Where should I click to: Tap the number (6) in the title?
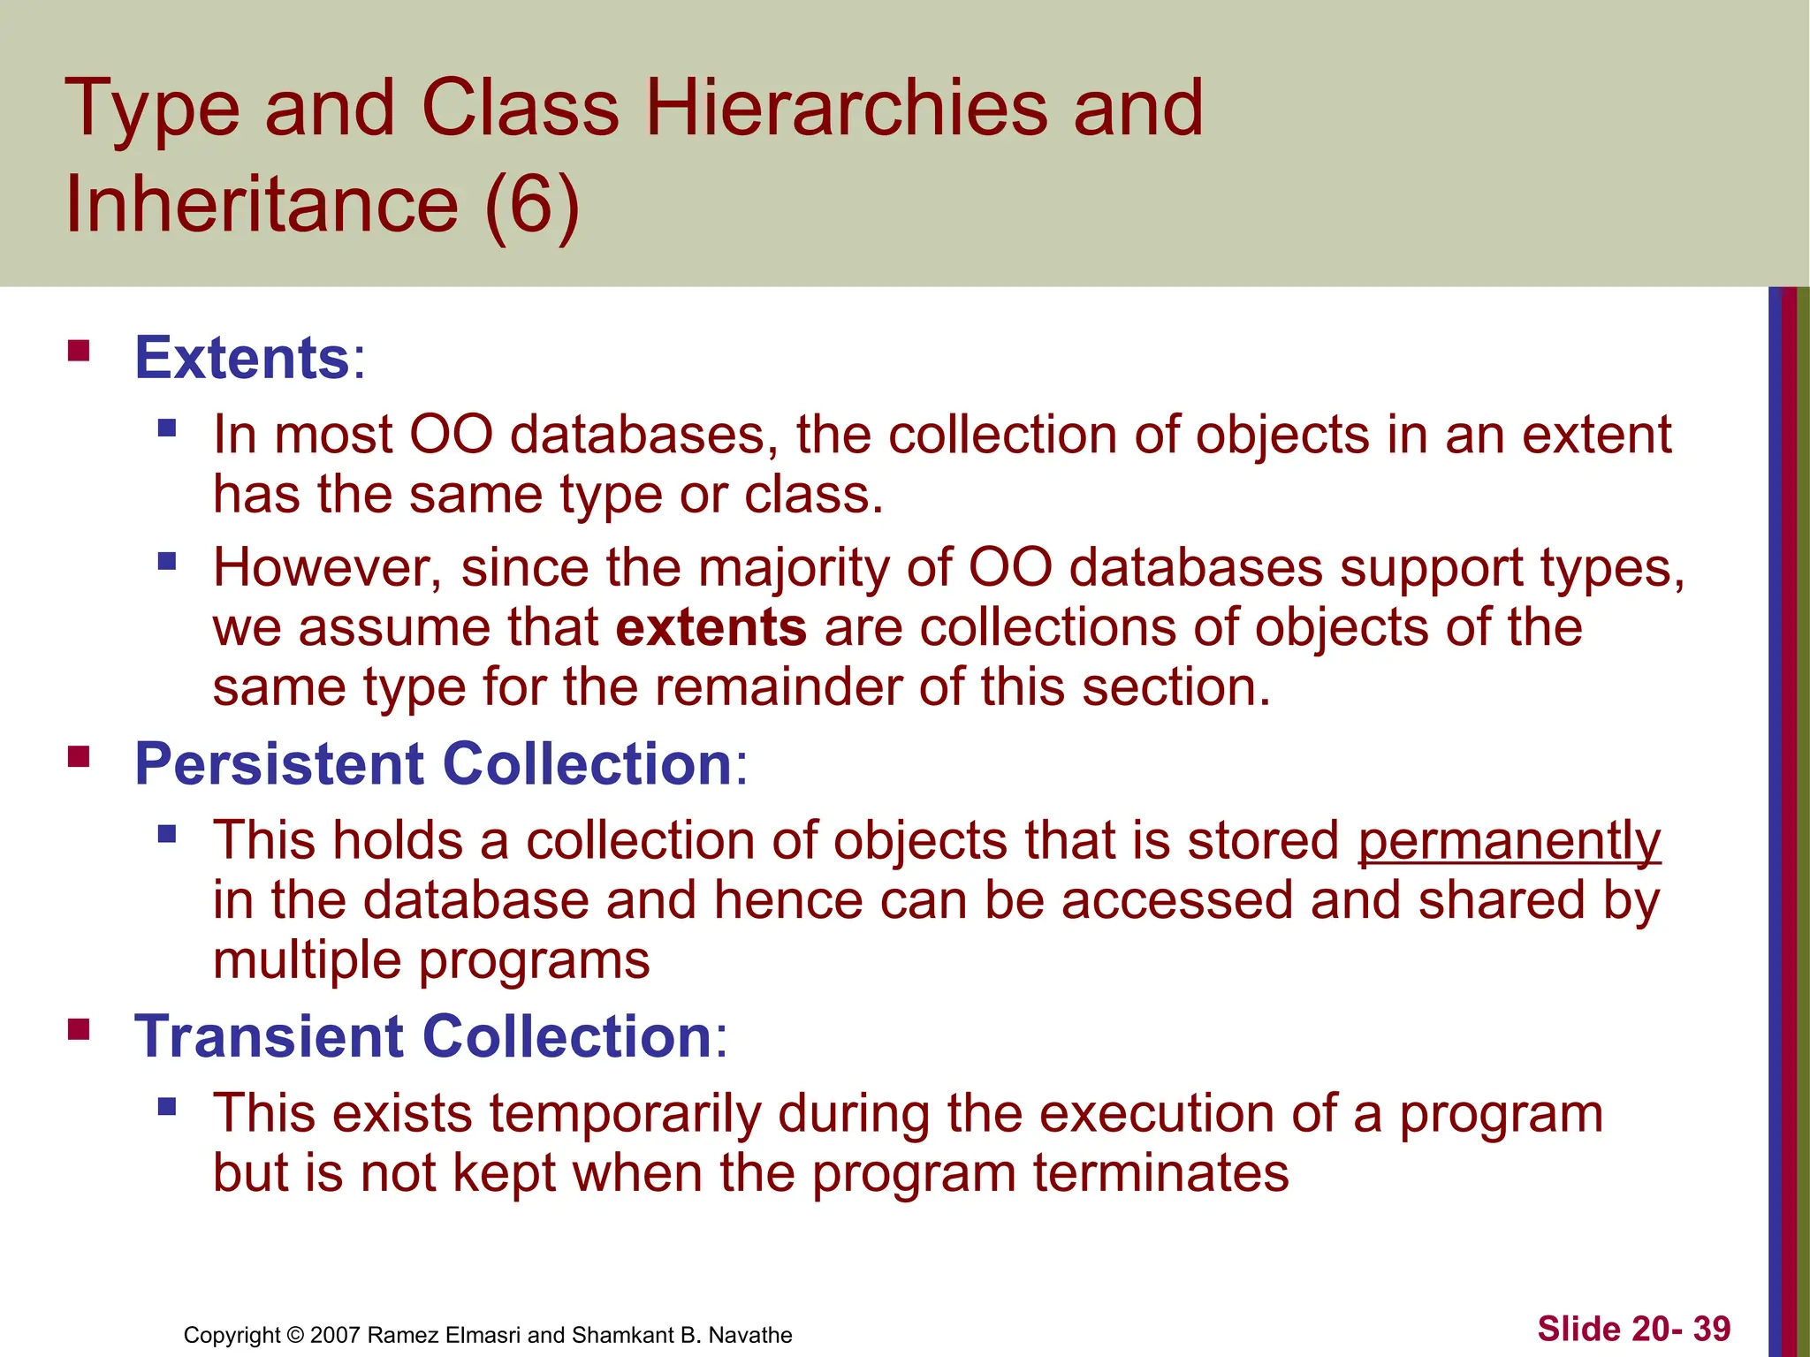click(532, 205)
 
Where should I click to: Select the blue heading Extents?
click(242, 358)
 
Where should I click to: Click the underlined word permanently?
click(1509, 841)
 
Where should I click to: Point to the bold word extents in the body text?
click(711, 627)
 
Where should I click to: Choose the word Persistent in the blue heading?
click(278, 763)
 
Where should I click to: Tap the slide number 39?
click(1711, 1329)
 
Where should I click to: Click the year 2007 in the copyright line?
click(335, 1335)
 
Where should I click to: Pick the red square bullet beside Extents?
click(79, 352)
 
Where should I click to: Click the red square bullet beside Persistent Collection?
click(79, 756)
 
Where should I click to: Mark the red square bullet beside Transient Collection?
click(79, 1029)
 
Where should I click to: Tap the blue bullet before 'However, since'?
click(167, 561)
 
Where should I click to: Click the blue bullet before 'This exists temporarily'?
click(167, 1106)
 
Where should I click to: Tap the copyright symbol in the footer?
click(295, 1335)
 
